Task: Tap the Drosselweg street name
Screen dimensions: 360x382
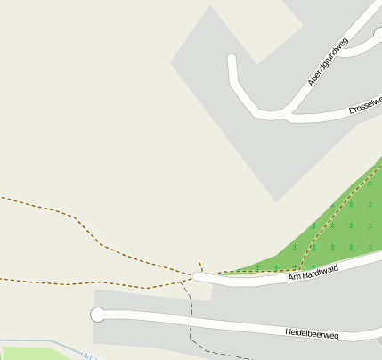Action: pyautogui.click(x=365, y=104)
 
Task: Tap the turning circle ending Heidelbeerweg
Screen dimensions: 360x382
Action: pyautogui.click(x=97, y=315)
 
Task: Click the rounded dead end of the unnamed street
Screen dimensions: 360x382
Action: pyautogui.click(x=232, y=61)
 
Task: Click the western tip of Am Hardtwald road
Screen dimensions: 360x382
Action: pyautogui.click(x=197, y=278)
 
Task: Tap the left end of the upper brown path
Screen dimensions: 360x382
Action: pyautogui.click(x=2, y=197)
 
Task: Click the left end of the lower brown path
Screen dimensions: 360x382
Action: pyautogui.click(x=2, y=279)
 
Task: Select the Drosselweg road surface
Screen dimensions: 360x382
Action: pyautogui.click(x=329, y=113)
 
